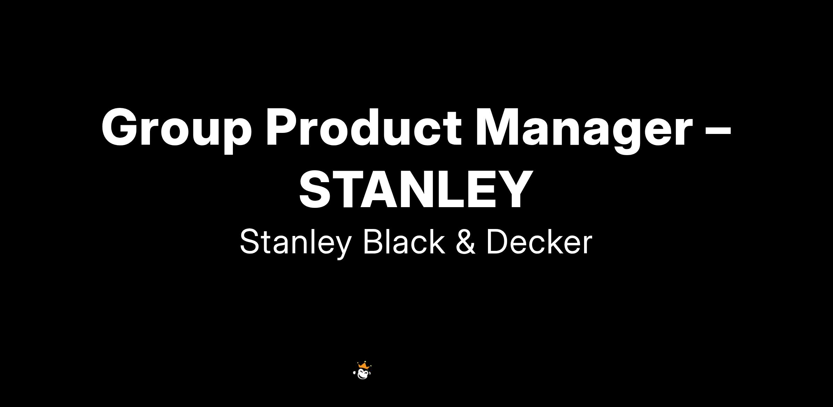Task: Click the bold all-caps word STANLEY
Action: tap(416, 190)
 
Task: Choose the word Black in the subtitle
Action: tap(404, 241)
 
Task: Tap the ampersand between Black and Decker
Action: tap(465, 242)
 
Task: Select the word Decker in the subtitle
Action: tap(539, 241)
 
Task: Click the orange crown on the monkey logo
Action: tap(363, 365)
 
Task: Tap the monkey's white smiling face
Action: tap(363, 374)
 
